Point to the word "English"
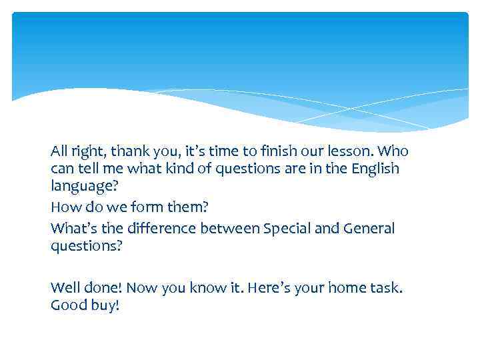tap(375, 169)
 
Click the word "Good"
tap(69, 306)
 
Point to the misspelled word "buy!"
tap(106, 307)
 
